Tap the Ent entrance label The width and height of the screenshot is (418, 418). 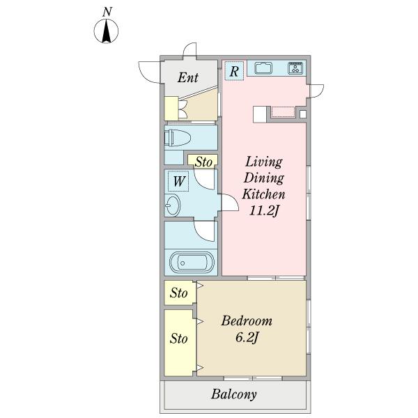pos(188,77)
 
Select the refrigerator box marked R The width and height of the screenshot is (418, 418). pos(234,71)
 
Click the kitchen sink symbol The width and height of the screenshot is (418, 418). pos(263,68)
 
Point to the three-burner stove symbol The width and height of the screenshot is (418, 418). pos(295,68)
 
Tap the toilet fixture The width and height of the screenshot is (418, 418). pos(178,138)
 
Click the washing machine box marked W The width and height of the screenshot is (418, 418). pos(178,181)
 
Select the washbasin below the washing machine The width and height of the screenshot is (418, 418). pos(172,205)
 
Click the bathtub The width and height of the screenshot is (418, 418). pos(192,263)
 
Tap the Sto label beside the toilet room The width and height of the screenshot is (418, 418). pos(203,162)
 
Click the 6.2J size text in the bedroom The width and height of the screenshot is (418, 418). pos(247,338)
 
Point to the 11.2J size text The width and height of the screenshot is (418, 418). pos(264,211)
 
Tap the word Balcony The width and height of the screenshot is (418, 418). pos(234,394)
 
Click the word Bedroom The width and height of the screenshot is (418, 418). pos(247,320)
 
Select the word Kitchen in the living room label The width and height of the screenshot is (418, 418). pos(263,194)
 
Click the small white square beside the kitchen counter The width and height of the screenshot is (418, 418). pos(303,114)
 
